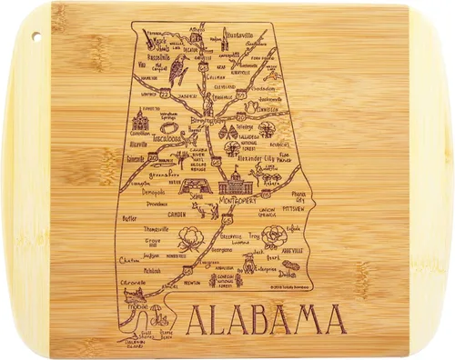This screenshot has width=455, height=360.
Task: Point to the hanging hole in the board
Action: [39, 36]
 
